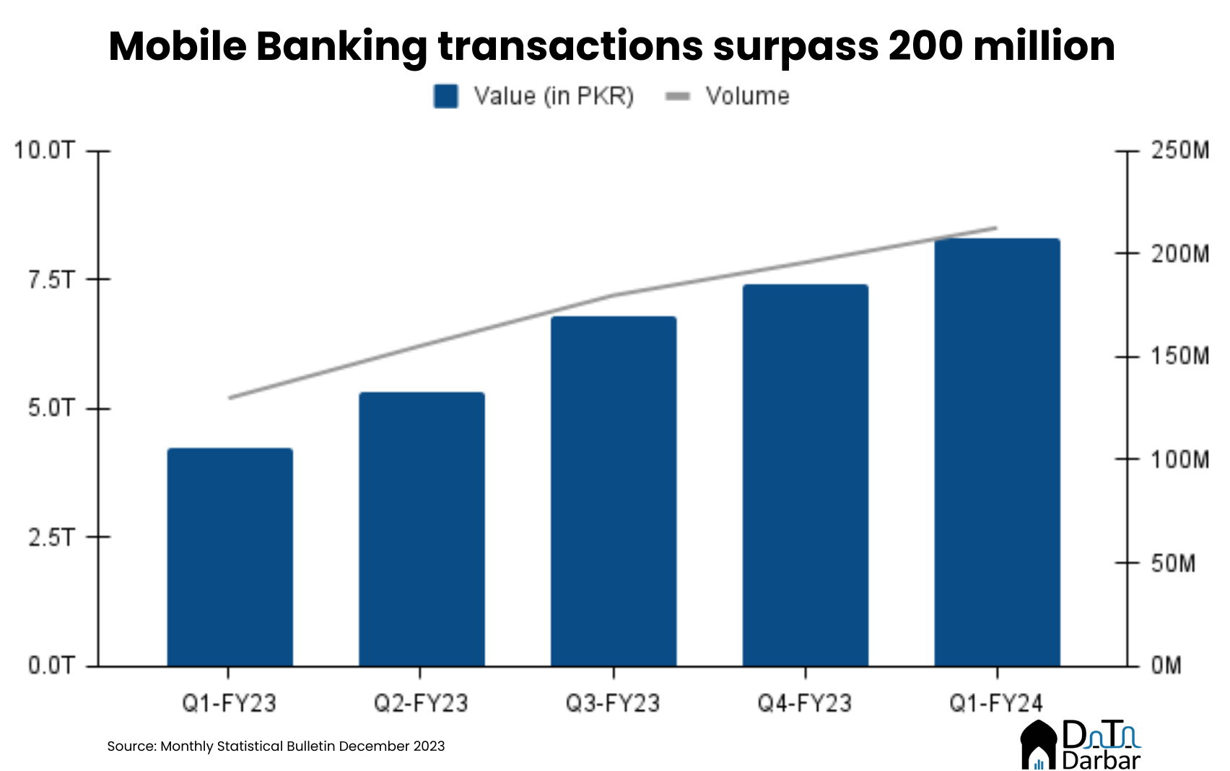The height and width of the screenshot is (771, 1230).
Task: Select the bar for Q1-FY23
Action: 230,557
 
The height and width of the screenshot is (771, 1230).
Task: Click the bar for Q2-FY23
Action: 422,528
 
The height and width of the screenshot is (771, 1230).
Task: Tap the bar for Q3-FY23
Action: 614,491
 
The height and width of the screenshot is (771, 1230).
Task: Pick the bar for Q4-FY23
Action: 805,475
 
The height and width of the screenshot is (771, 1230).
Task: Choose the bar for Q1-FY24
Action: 997,452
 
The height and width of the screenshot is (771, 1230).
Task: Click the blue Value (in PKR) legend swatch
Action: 445,96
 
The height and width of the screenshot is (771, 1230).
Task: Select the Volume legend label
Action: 747,96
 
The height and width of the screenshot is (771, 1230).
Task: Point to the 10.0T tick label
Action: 44,150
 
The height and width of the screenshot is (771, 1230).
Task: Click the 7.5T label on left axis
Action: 51,279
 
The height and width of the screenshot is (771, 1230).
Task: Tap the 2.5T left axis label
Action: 51,537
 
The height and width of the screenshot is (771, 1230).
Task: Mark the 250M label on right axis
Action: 1179,150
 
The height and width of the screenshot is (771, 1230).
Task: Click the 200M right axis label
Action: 1179,253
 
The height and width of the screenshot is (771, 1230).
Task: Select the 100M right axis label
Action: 1179,459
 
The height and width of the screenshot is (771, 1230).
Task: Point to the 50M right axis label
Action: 1173,563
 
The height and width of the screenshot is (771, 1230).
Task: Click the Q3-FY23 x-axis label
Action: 613,703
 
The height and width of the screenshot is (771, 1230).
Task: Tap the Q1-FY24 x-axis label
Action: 996,703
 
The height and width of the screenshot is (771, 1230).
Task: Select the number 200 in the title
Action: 920,46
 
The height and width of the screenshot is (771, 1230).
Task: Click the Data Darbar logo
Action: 1080,744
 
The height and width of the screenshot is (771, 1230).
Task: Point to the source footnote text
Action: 276,746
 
